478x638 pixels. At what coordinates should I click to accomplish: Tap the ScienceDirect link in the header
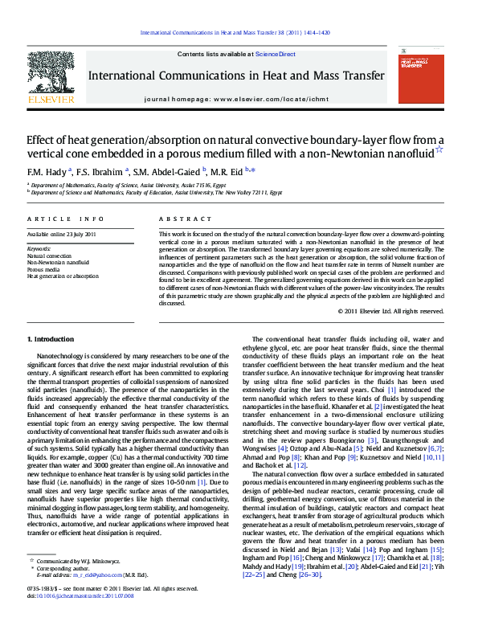point(276,55)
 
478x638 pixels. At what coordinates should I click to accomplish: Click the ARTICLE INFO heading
point(65,219)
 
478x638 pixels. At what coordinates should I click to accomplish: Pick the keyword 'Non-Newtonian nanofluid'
point(58,262)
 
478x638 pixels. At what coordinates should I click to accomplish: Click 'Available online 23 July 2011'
point(61,234)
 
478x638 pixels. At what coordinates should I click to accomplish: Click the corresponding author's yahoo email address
point(95,598)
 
